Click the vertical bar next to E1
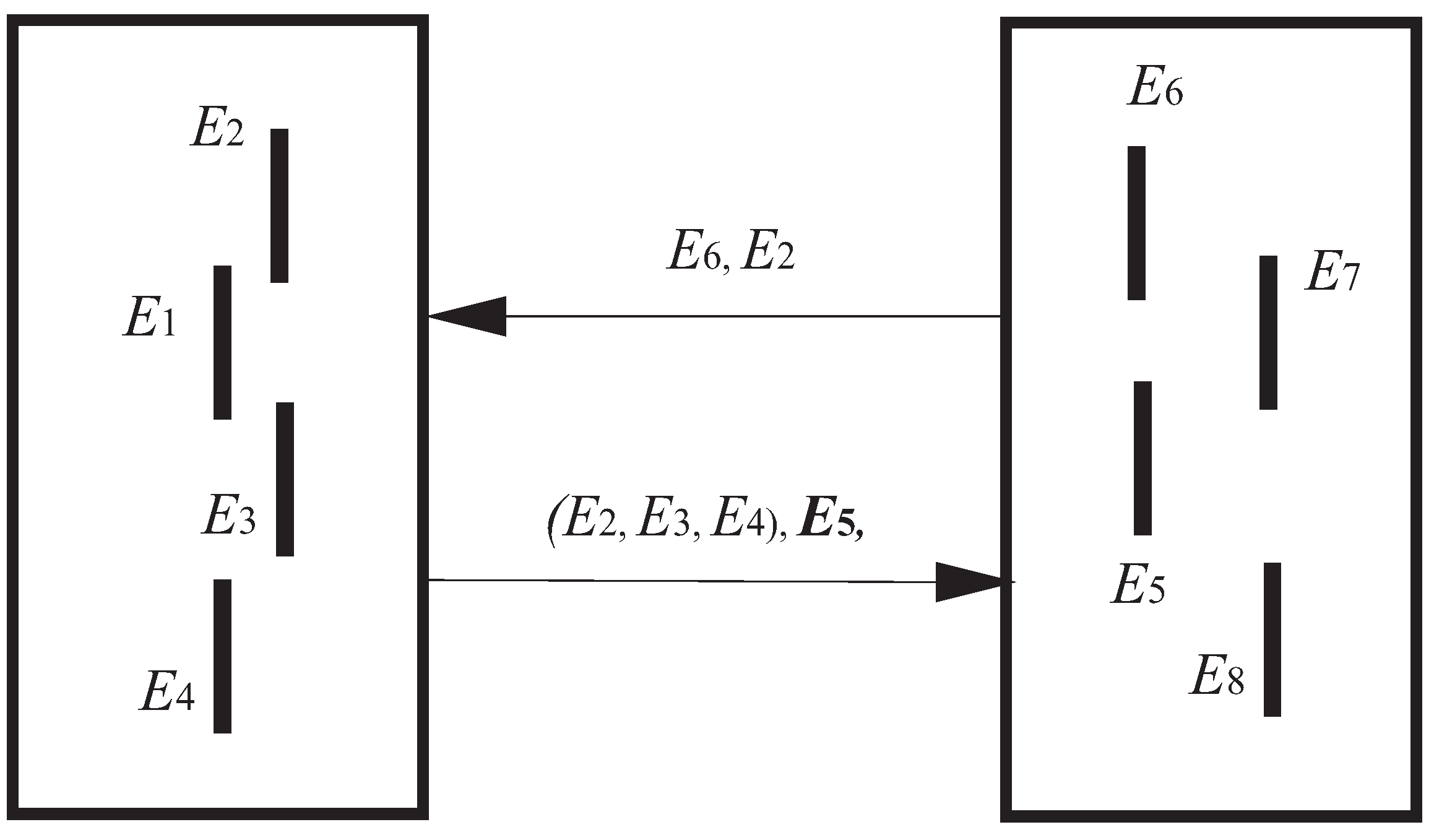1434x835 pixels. (222, 342)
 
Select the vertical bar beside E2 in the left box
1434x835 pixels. (279, 206)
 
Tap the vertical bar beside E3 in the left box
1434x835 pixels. (285, 479)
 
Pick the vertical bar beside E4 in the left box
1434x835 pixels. (222, 656)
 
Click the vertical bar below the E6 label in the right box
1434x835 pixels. (1136, 223)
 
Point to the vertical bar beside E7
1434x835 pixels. (1268, 332)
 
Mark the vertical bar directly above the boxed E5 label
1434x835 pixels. (1142, 458)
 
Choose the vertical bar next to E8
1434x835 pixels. (1272, 639)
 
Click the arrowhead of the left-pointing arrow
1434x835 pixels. (470, 316)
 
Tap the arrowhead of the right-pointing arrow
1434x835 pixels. (972, 582)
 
